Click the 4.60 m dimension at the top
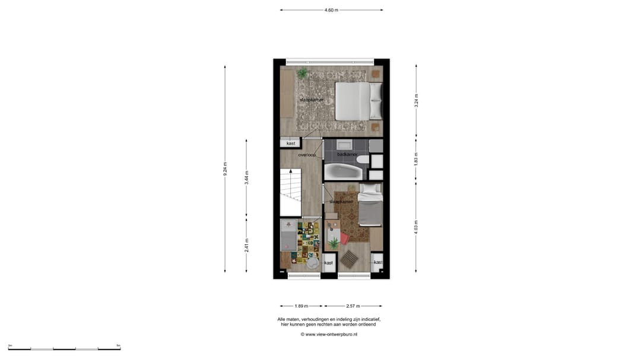[x=331, y=10]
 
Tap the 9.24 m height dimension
[x=225, y=168]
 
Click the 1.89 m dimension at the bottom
[x=302, y=306]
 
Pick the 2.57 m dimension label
[x=354, y=306]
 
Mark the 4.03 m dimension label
[x=416, y=227]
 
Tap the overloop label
[x=307, y=155]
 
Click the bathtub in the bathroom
[x=342, y=172]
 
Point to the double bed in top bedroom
[x=358, y=101]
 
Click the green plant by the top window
[x=303, y=74]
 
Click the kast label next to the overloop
[x=291, y=144]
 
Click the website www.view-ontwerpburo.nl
[x=329, y=334]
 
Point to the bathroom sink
[x=344, y=145]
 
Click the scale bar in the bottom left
[x=64, y=348]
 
